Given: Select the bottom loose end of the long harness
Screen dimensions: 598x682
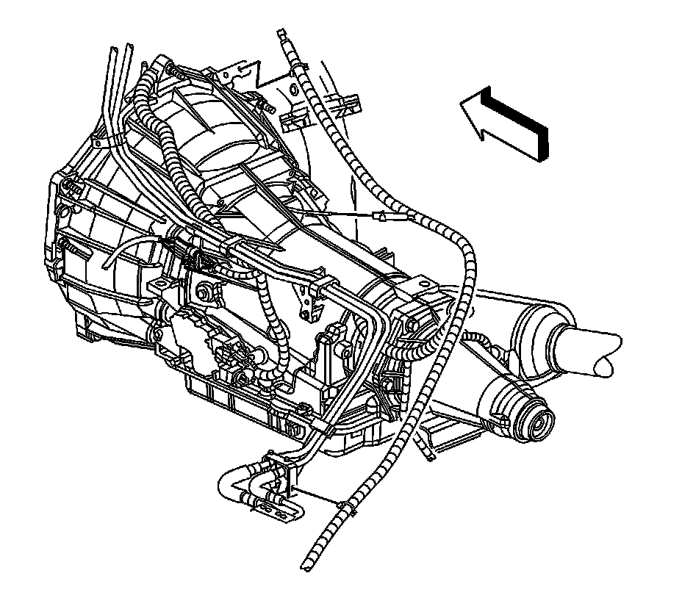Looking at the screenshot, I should pyautogui.click(x=304, y=566).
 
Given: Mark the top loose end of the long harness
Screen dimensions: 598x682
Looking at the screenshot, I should pyautogui.click(x=281, y=33).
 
